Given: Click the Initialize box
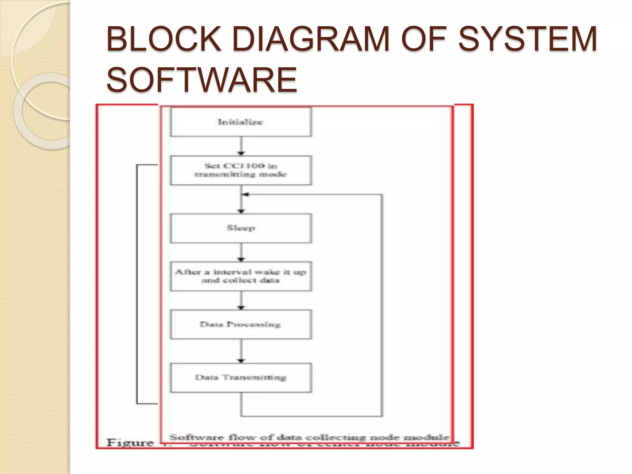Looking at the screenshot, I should click(241, 122).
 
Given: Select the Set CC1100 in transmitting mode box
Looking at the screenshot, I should click(241, 170).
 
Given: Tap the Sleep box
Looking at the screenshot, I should click(241, 228).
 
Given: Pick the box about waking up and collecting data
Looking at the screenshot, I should click(241, 276).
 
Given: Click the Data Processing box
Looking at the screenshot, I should click(241, 324).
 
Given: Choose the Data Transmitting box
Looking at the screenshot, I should click(241, 378).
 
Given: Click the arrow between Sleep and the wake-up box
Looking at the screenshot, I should click(241, 252).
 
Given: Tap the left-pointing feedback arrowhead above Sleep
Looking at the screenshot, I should click(245, 194).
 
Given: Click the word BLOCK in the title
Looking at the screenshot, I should click(164, 39).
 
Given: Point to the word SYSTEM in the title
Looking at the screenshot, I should click(527, 39).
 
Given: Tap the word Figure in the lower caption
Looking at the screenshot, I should click(130, 443).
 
